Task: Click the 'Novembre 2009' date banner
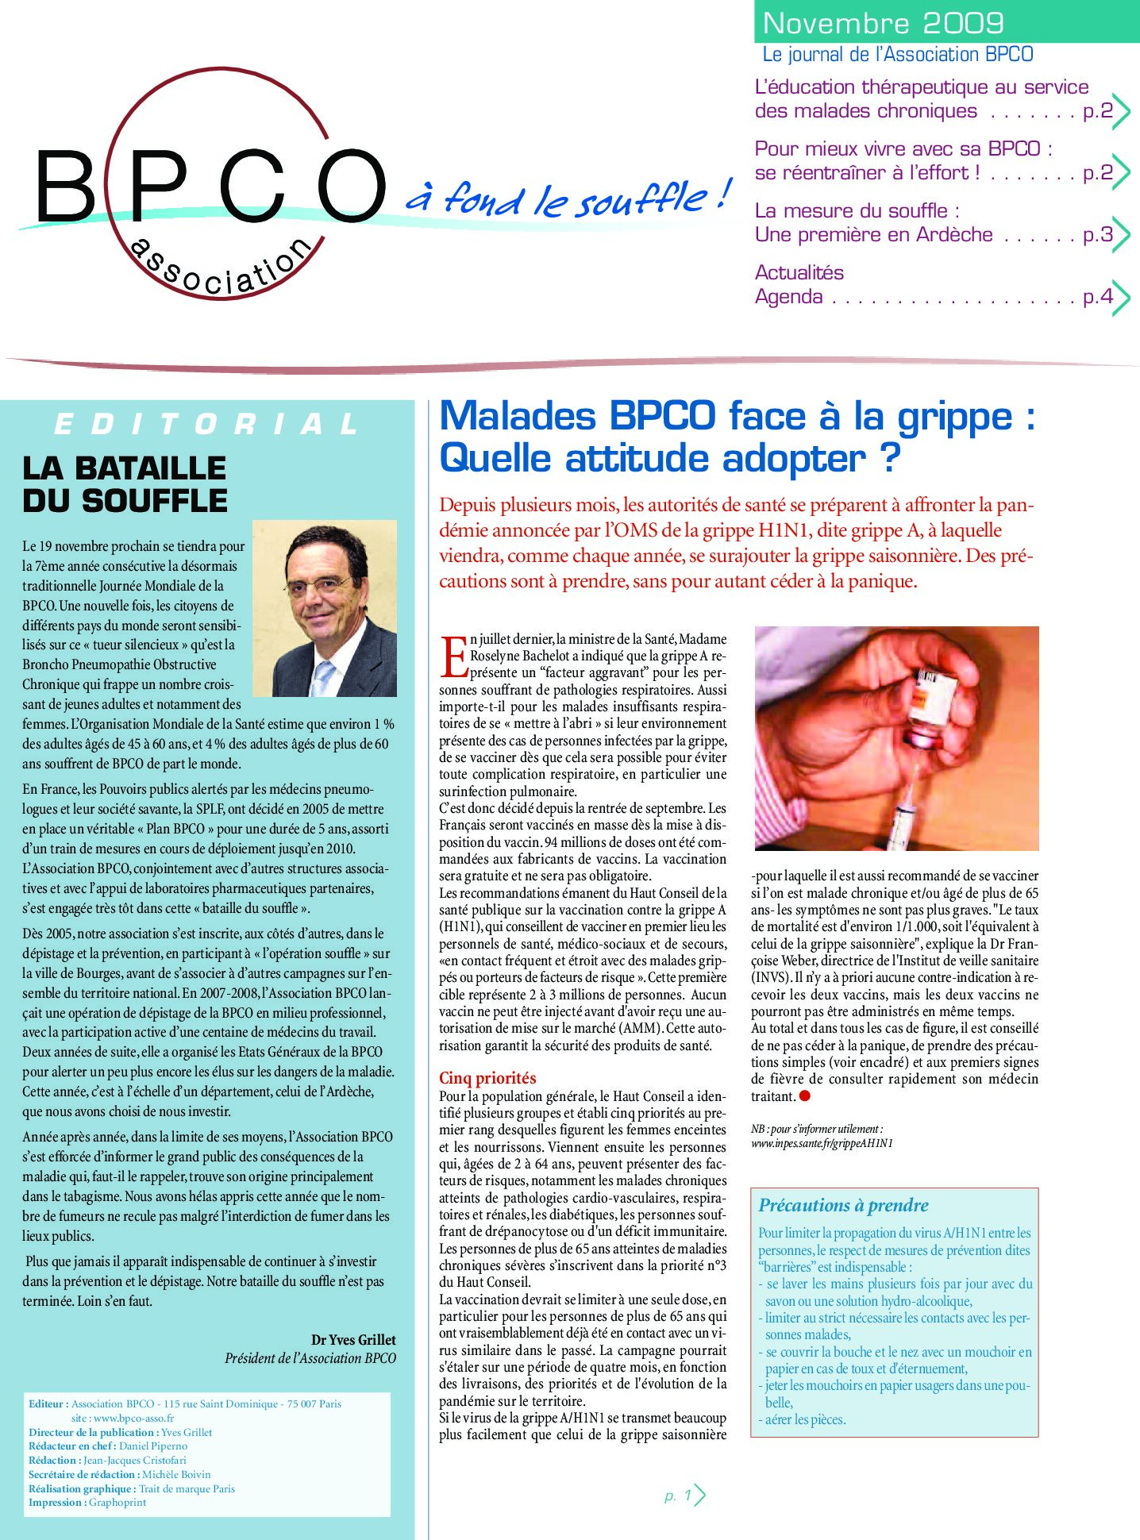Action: pyautogui.click(x=883, y=23)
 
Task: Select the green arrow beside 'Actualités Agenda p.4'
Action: pyautogui.click(x=1120, y=298)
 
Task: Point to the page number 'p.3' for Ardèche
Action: pyautogui.click(x=1098, y=235)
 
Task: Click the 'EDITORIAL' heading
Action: pyautogui.click(x=207, y=425)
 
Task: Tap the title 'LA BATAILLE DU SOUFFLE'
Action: pyautogui.click(x=125, y=484)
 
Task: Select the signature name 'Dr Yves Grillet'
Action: pyautogui.click(x=353, y=1339)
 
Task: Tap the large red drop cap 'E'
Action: pyautogui.click(x=453, y=656)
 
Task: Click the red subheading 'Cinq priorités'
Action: pyautogui.click(x=487, y=1077)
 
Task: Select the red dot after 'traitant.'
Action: pyautogui.click(x=804, y=1096)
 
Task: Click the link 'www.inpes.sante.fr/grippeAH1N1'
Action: pyautogui.click(x=822, y=1143)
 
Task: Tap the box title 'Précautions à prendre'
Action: pyautogui.click(x=843, y=1205)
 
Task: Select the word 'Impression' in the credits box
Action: pyautogui.click(x=56, y=1502)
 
